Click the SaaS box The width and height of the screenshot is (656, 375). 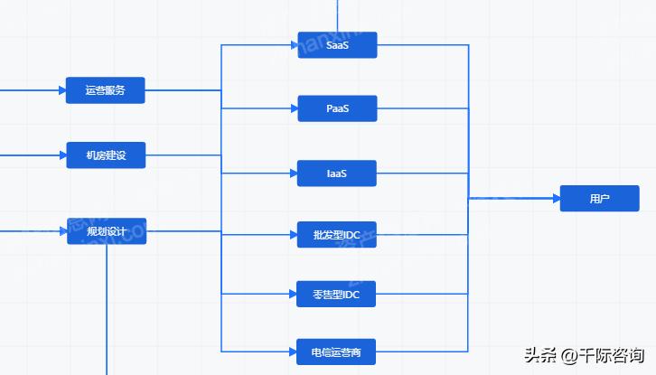(337, 44)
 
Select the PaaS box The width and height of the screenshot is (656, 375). (337, 108)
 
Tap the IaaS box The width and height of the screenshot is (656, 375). (337, 173)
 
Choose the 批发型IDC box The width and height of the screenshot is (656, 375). (337, 234)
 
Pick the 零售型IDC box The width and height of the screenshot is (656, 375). (337, 294)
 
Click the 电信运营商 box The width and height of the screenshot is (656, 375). (337, 352)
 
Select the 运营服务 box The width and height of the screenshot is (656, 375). (106, 90)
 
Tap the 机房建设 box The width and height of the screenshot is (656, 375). (106, 155)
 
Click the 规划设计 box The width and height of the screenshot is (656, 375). (106, 231)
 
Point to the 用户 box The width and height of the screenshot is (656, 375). (599, 198)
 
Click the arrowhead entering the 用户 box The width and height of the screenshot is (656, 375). (554, 198)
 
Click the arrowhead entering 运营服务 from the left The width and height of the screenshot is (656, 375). (61, 90)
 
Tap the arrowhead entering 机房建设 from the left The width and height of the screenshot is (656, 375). (61, 155)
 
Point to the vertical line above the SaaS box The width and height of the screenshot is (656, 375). (337, 14)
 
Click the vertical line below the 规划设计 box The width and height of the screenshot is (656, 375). (107, 307)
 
